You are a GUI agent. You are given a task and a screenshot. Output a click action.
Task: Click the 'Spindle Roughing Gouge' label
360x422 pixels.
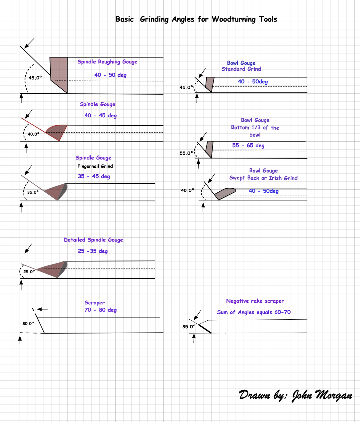pyautogui.click(x=107, y=62)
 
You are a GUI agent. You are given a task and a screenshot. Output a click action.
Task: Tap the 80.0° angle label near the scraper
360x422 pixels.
pyautogui.click(x=28, y=323)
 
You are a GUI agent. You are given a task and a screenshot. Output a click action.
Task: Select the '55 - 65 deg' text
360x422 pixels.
pyautogui.click(x=248, y=145)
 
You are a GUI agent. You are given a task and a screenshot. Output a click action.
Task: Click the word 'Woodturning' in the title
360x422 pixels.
pyautogui.click(x=234, y=19)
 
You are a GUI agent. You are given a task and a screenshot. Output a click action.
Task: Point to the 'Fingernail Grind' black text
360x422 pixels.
pyautogui.click(x=95, y=166)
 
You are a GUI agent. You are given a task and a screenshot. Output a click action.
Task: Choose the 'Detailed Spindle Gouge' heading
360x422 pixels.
pyautogui.click(x=93, y=240)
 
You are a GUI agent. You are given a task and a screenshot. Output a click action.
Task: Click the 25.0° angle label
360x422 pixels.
pyautogui.click(x=29, y=272)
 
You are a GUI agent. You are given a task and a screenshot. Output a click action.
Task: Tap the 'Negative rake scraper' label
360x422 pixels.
pyautogui.click(x=255, y=301)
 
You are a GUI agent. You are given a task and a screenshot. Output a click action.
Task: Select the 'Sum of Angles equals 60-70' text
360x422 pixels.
pyautogui.click(x=254, y=312)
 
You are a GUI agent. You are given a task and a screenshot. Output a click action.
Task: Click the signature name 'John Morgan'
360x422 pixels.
pyautogui.click(x=322, y=395)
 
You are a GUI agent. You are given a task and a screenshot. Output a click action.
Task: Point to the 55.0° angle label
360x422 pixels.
pyautogui.click(x=186, y=153)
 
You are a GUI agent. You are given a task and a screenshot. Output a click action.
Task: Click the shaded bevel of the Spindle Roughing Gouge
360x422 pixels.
pyautogui.click(x=59, y=75)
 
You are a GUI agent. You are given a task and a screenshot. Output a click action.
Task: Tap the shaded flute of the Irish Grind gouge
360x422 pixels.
pyautogui.click(x=225, y=193)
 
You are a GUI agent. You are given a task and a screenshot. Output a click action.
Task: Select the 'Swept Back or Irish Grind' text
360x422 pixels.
pyautogui.click(x=263, y=178)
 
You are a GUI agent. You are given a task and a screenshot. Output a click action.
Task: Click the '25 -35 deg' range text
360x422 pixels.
pyautogui.click(x=93, y=251)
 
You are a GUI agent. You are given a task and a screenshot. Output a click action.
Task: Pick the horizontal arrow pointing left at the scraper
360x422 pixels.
pyautogui.click(x=42, y=309)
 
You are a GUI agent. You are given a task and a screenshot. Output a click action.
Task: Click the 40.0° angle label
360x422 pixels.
pyautogui.click(x=33, y=134)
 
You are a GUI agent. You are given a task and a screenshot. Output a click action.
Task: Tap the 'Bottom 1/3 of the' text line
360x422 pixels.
pyautogui.click(x=255, y=128)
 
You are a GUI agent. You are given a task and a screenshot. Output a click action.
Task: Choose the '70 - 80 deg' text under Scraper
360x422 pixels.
pyautogui.click(x=100, y=310)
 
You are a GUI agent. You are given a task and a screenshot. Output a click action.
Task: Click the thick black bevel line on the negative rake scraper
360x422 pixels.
pyautogui.click(x=205, y=329)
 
